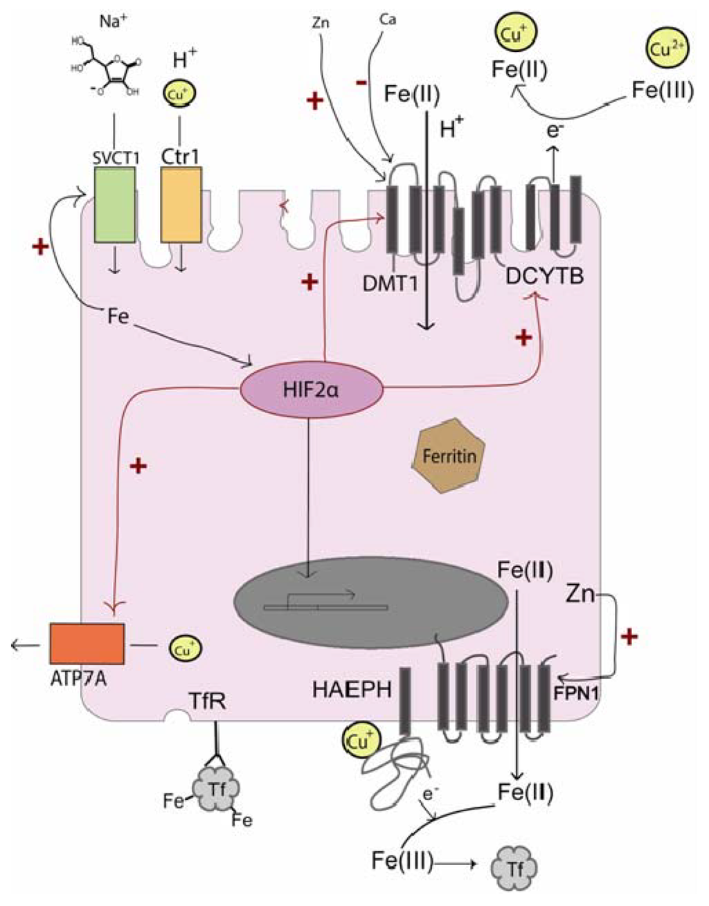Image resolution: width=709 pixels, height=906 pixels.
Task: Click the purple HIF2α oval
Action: click(x=311, y=390)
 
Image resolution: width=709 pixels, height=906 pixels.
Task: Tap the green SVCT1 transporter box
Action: click(x=115, y=204)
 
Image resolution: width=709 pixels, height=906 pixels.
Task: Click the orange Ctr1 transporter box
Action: click(x=181, y=204)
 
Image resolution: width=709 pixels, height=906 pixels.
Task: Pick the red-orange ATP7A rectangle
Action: click(x=87, y=643)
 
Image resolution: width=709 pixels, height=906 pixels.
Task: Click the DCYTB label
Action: click(x=545, y=277)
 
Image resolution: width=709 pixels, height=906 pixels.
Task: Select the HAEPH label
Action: click(x=352, y=689)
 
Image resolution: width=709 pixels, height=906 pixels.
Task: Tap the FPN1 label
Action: click(x=575, y=691)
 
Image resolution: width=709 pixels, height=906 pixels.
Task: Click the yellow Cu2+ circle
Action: click(x=664, y=50)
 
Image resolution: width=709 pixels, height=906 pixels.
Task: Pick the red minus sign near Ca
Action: click(x=361, y=82)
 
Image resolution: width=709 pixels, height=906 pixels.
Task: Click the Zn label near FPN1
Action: click(x=580, y=593)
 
